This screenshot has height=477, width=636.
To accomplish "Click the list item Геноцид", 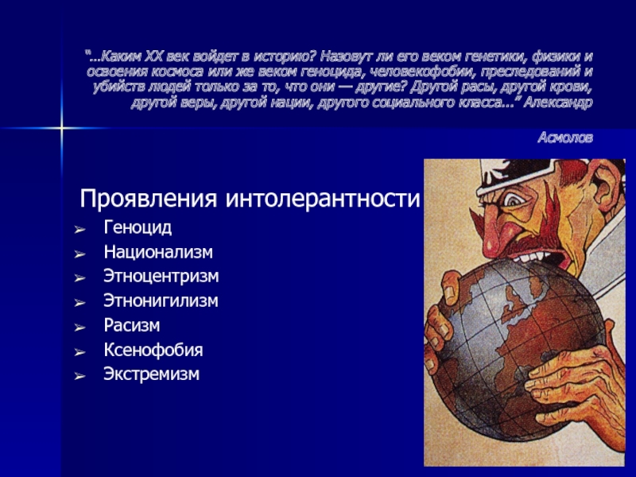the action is pos(138,228).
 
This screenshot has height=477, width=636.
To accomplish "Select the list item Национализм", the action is pos(158,252).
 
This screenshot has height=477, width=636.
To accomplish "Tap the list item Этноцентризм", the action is pos(161,277).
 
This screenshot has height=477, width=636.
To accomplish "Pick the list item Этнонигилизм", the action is pos(161,301).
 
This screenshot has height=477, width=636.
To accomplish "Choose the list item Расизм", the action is pos(132,326).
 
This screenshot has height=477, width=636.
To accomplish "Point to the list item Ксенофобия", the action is pos(153,350).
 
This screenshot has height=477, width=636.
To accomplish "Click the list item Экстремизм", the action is pos(151,374).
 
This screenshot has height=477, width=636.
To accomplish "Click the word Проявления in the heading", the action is pos(148,199).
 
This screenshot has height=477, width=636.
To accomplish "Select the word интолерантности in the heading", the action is pos(323,199).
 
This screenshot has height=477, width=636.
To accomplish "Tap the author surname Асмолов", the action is pos(565,138).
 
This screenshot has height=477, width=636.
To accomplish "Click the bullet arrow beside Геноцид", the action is pos(80,230).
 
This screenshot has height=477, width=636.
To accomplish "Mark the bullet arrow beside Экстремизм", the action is pos(80,376).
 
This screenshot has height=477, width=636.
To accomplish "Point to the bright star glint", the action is pos(62,128).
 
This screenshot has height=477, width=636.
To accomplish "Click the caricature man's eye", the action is pos(514,200).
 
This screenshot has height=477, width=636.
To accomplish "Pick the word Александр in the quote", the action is pos(558,103).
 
